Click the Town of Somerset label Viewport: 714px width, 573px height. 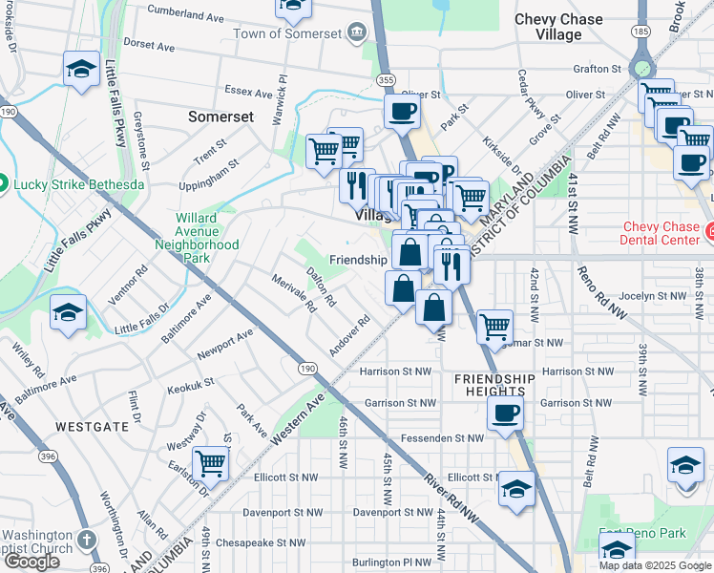coord(289,33)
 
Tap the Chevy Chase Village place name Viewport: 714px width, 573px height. coord(558,27)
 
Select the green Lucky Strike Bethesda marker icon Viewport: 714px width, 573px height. coord(3,183)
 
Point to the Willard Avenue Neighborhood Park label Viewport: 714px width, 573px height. coord(198,238)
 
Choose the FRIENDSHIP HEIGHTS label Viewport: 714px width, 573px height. coord(490,385)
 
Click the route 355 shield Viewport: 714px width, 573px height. coord(386,82)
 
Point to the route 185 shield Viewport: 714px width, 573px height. coord(640,32)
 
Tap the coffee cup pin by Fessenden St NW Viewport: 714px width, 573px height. coord(505,414)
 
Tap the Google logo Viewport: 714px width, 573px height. coord(31,562)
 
